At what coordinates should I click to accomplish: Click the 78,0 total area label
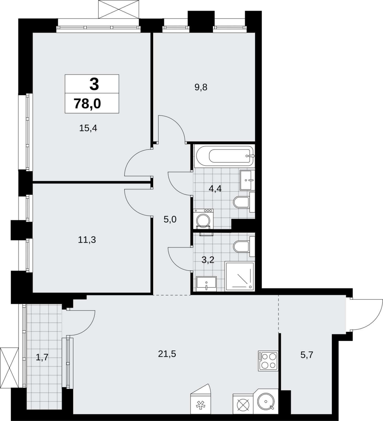pos(87,104)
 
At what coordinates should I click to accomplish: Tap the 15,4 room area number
pos(88,128)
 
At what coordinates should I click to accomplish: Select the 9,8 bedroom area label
pos(201,87)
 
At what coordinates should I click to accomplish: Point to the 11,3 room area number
pos(87,240)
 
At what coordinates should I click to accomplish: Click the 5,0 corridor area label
pos(170,219)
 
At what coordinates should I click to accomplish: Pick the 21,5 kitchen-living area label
pos(167,354)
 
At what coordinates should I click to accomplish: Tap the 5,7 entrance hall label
pos(307,355)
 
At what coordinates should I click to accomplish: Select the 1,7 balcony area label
pos(42,358)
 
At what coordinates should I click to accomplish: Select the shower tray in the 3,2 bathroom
pos(240,276)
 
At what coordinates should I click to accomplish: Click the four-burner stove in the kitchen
pos(268,361)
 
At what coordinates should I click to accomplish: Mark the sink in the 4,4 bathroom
pos(247,180)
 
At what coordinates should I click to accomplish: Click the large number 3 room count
pos(94,84)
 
